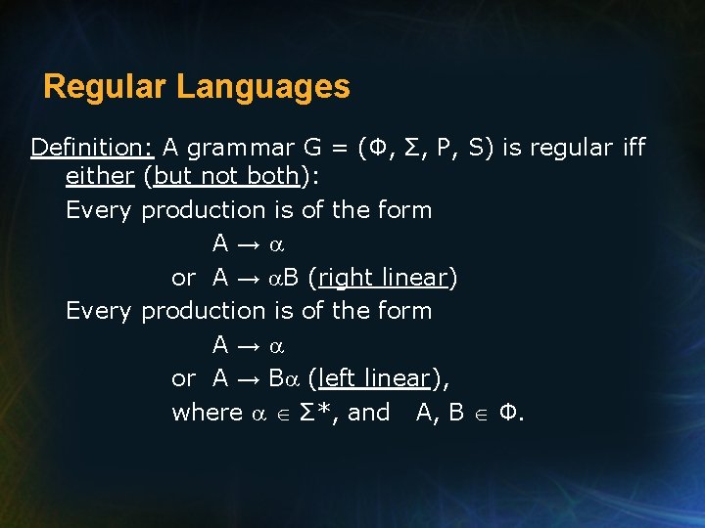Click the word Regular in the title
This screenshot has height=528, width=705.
106,87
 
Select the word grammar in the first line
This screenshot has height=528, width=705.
240,149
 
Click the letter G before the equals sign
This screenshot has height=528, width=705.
313,148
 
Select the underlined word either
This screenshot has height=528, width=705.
99,176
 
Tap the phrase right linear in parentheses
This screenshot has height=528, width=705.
383,278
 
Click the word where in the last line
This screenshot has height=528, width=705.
207,413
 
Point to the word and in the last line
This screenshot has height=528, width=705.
369,413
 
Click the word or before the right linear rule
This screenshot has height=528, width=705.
183,278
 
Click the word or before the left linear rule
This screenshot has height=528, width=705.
183,378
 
